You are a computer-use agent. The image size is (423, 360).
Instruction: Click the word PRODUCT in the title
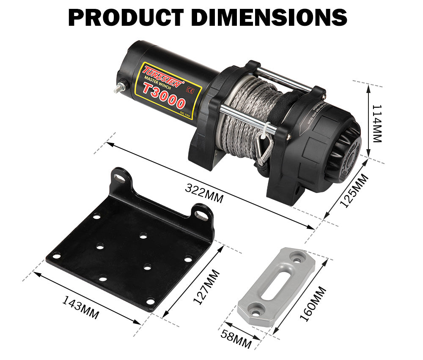pyautogui.click(x=126, y=17)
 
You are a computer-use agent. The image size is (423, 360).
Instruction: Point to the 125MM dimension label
pyautogui.click(x=354, y=191)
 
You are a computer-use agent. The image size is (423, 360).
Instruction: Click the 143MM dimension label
pyautogui.click(x=81, y=307)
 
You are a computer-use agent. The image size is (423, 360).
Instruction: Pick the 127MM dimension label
pyautogui.click(x=206, y=287)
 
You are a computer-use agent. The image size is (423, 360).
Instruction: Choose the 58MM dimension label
pyautogui.click(x=236, y=337)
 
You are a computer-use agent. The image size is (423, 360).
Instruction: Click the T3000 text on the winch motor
pyautogui.click(x=164, y=95)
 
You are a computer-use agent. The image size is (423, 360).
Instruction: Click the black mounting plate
pyautogui.click(x=127, y=249)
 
